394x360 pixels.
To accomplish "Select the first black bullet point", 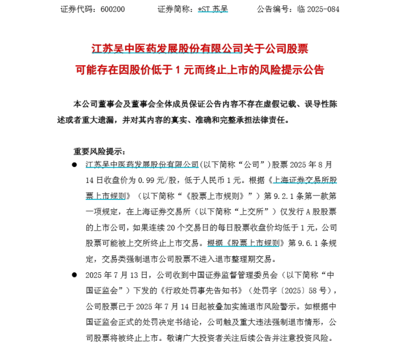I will pos(74,164).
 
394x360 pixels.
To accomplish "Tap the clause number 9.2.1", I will pos(282,195).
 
